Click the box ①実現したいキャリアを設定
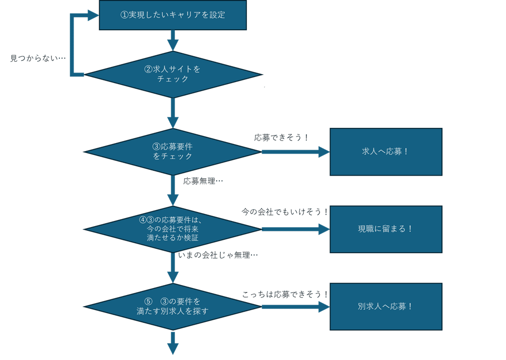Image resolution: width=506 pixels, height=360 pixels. (x=172, y=15)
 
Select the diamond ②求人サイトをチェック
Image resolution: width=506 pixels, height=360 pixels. (x=172, y=75)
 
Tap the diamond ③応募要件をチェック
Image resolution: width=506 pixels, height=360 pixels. (x=172, y=152)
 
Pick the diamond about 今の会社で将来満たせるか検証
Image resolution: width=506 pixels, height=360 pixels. (x=172, y=229)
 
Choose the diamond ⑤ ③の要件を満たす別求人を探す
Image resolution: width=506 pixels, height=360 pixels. (x=172, y=306)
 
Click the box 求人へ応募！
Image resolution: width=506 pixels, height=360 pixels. (x=386, y=152)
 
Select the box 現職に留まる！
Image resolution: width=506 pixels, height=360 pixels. (x=386, y=229)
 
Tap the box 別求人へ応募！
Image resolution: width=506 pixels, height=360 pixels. (x=386, y=306)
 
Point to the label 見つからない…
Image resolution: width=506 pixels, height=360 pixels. (x=38, y=58)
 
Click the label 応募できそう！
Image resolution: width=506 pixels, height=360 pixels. (x=281, y=137)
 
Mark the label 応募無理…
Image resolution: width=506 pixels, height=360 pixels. (x=203, y=181)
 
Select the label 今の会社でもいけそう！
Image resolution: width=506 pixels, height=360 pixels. (x=285, y=212)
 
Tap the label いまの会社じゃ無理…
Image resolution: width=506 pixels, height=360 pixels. (x=218, y=255)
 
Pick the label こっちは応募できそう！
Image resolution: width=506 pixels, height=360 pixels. (x=285, y=295)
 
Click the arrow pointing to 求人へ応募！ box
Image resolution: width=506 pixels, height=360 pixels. (x=295, y=152)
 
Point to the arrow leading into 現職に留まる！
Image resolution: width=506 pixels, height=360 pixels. (x=295, y=229)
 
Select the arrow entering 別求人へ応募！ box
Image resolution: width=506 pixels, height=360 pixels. (x=295, y=306)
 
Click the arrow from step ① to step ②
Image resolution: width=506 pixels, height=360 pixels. (x=173, y=40)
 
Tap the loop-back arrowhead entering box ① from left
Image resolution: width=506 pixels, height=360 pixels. (x=93, y=15)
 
